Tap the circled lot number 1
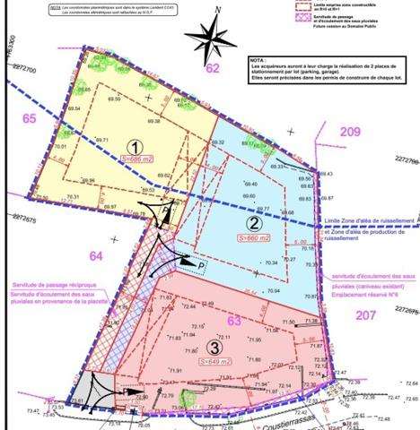coord(132,147)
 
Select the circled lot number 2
coord(255,224)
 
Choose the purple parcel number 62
coord(212,67)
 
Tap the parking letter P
coord(203,267)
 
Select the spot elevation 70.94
coord(274,291)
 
